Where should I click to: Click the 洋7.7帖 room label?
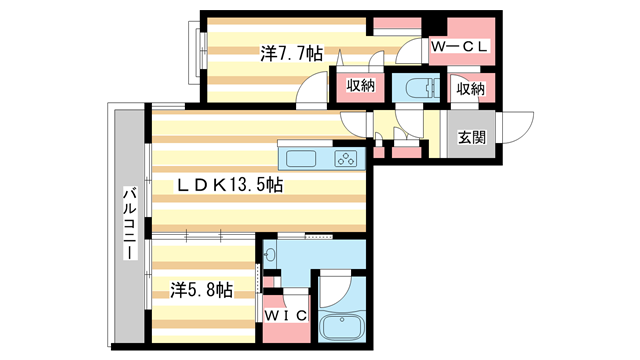click(x=291, y=55)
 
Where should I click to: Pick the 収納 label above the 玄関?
click(x=471, y=89)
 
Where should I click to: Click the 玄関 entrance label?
click(x=473, y=138)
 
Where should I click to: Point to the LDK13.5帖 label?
click(x=230, y=185)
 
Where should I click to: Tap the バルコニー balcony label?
click(x=129, y=224)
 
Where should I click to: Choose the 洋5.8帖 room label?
click(x=201, y=290)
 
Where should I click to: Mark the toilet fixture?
click(x=413, y=86)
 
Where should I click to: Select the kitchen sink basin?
click(x=303, y=157)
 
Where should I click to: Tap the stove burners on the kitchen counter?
click(x=346, y=157)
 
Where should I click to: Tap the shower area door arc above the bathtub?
click(x=335, y=290)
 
